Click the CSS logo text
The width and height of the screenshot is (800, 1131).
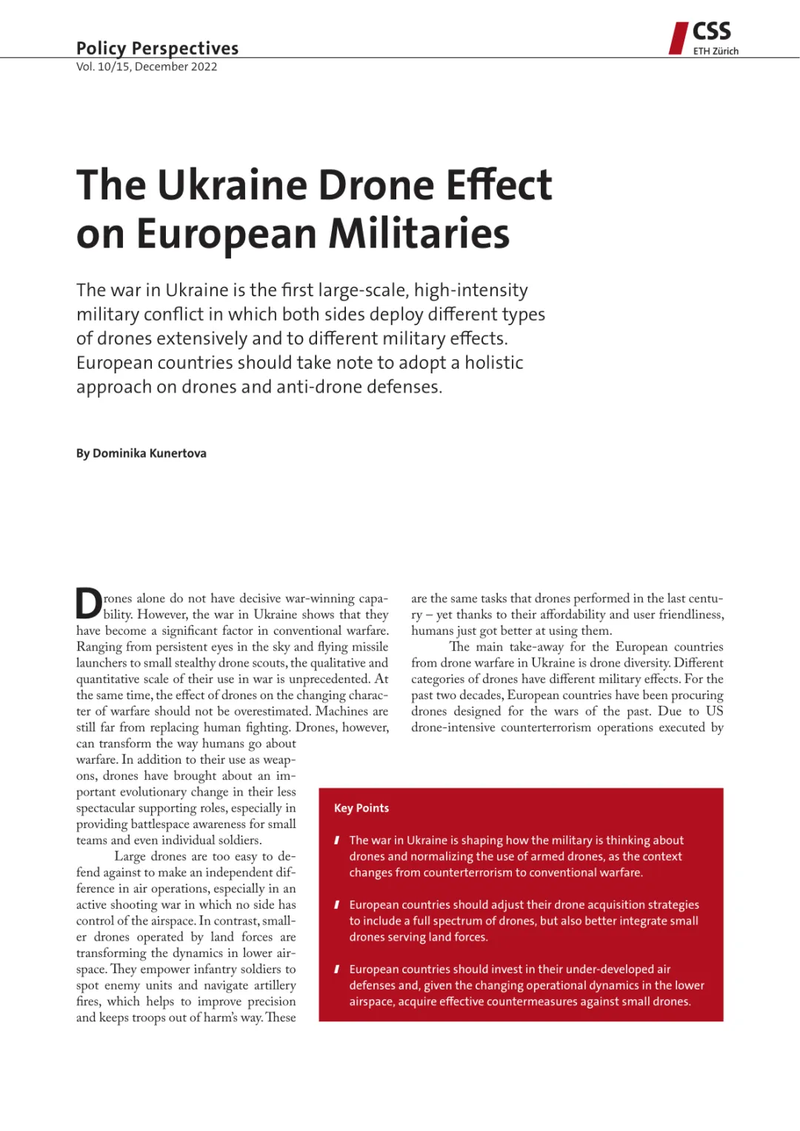[x=711, y=31]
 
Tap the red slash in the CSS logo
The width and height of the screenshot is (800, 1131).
[x=678, y=39]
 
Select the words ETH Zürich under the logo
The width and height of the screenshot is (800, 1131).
[x=716, y=51]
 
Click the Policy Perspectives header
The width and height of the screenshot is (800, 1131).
[x=157, y=48]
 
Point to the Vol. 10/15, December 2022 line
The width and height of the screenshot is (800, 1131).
[x=147, y=67]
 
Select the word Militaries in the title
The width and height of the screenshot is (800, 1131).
[x=419, y=234]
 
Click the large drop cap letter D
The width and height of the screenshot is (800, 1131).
[x=89, y=604]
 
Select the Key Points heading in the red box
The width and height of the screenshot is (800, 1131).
[x=361, y=808]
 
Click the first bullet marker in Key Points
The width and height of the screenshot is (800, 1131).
[x=337, y=840]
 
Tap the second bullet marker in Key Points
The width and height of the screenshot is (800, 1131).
[x=337, y=904]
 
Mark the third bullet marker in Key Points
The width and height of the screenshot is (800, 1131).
[x=337, y=969]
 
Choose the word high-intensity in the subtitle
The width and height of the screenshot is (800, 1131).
[x=471, y=290]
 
